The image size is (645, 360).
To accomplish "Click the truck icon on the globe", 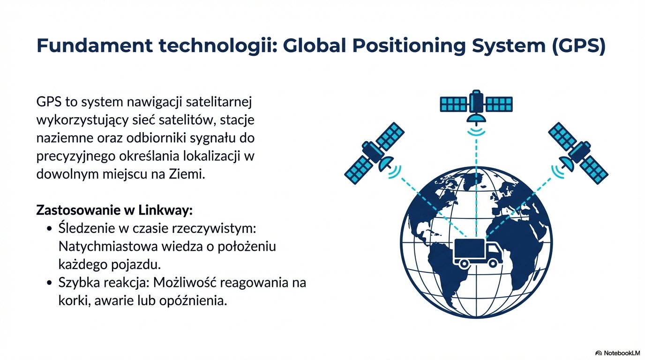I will point(478,253).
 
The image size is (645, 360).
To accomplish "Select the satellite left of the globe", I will point(374,152).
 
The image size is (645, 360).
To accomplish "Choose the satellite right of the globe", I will point(578,152).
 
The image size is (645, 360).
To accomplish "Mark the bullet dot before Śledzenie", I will point(49,229).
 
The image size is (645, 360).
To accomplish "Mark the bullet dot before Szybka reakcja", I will point(49,283).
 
